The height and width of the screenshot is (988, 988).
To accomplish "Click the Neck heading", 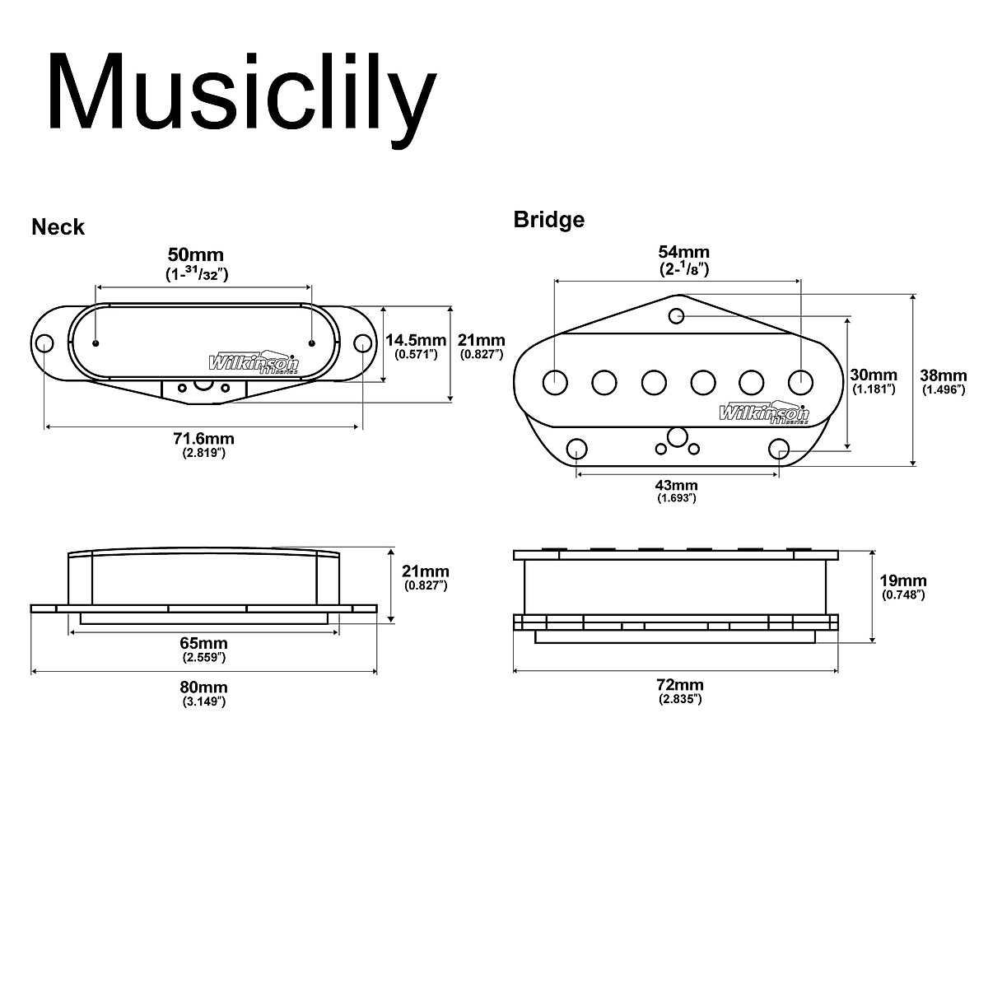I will pos(58,227).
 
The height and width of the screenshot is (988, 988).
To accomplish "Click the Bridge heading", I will pos(548,220).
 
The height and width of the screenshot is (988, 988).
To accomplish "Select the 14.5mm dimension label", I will pos(415,340).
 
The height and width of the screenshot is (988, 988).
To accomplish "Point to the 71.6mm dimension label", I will pos(203,440).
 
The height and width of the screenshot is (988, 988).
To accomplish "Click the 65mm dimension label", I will pos(203,643).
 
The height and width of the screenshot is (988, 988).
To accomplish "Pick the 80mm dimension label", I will pos(203,687).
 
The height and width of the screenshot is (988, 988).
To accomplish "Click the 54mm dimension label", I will pos(683,252).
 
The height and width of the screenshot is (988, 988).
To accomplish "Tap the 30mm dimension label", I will pos(874,375).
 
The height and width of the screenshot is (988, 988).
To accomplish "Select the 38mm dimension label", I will pos(944,375).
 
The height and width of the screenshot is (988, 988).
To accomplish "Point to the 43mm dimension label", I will pos(677,485).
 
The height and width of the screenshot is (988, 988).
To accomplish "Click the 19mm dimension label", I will pos(903,580).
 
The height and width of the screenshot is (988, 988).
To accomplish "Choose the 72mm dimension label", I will pos(679,685).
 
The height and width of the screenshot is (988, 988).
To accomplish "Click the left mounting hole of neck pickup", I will pos(44,343).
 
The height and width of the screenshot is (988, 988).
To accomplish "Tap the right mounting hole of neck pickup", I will pos(362,343).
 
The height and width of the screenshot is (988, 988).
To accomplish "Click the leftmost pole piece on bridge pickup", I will pos(556,382).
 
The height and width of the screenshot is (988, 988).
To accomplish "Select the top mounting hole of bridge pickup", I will pos(677,315).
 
